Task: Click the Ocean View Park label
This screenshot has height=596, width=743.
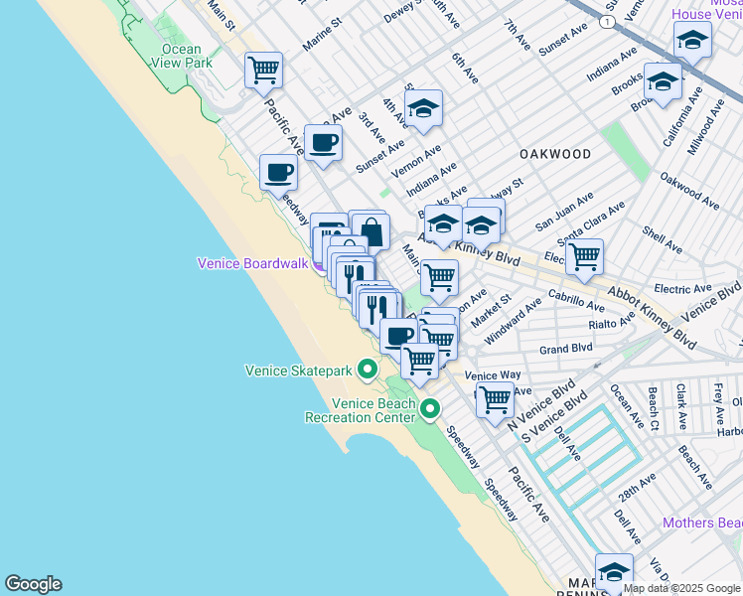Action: point(181,56)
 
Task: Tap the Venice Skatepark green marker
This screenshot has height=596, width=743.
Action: point(368,372)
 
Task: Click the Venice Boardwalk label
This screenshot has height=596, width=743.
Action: point(254,263)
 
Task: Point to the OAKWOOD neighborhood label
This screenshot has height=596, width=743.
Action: point(555,154)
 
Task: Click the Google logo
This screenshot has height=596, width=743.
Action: point(33,584)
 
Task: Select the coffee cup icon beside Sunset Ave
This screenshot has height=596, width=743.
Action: point(323,143)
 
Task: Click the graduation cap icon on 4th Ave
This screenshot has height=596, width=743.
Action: point(423,109)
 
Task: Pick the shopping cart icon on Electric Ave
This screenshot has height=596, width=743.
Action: point(585,256)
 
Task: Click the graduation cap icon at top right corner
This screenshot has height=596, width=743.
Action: point(692,41)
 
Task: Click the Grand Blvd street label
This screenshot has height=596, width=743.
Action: point(565,350)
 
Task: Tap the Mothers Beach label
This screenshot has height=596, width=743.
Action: point(702,522)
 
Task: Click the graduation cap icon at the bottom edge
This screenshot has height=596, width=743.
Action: point(614,573)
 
